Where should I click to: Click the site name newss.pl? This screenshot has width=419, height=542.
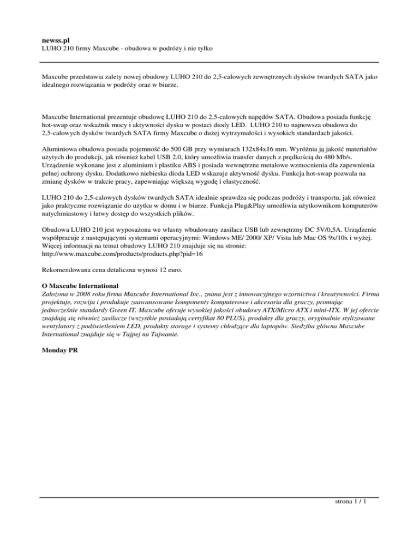click(x=55, y=40)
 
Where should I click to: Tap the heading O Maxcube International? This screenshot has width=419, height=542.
click(x=80, y=285)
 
